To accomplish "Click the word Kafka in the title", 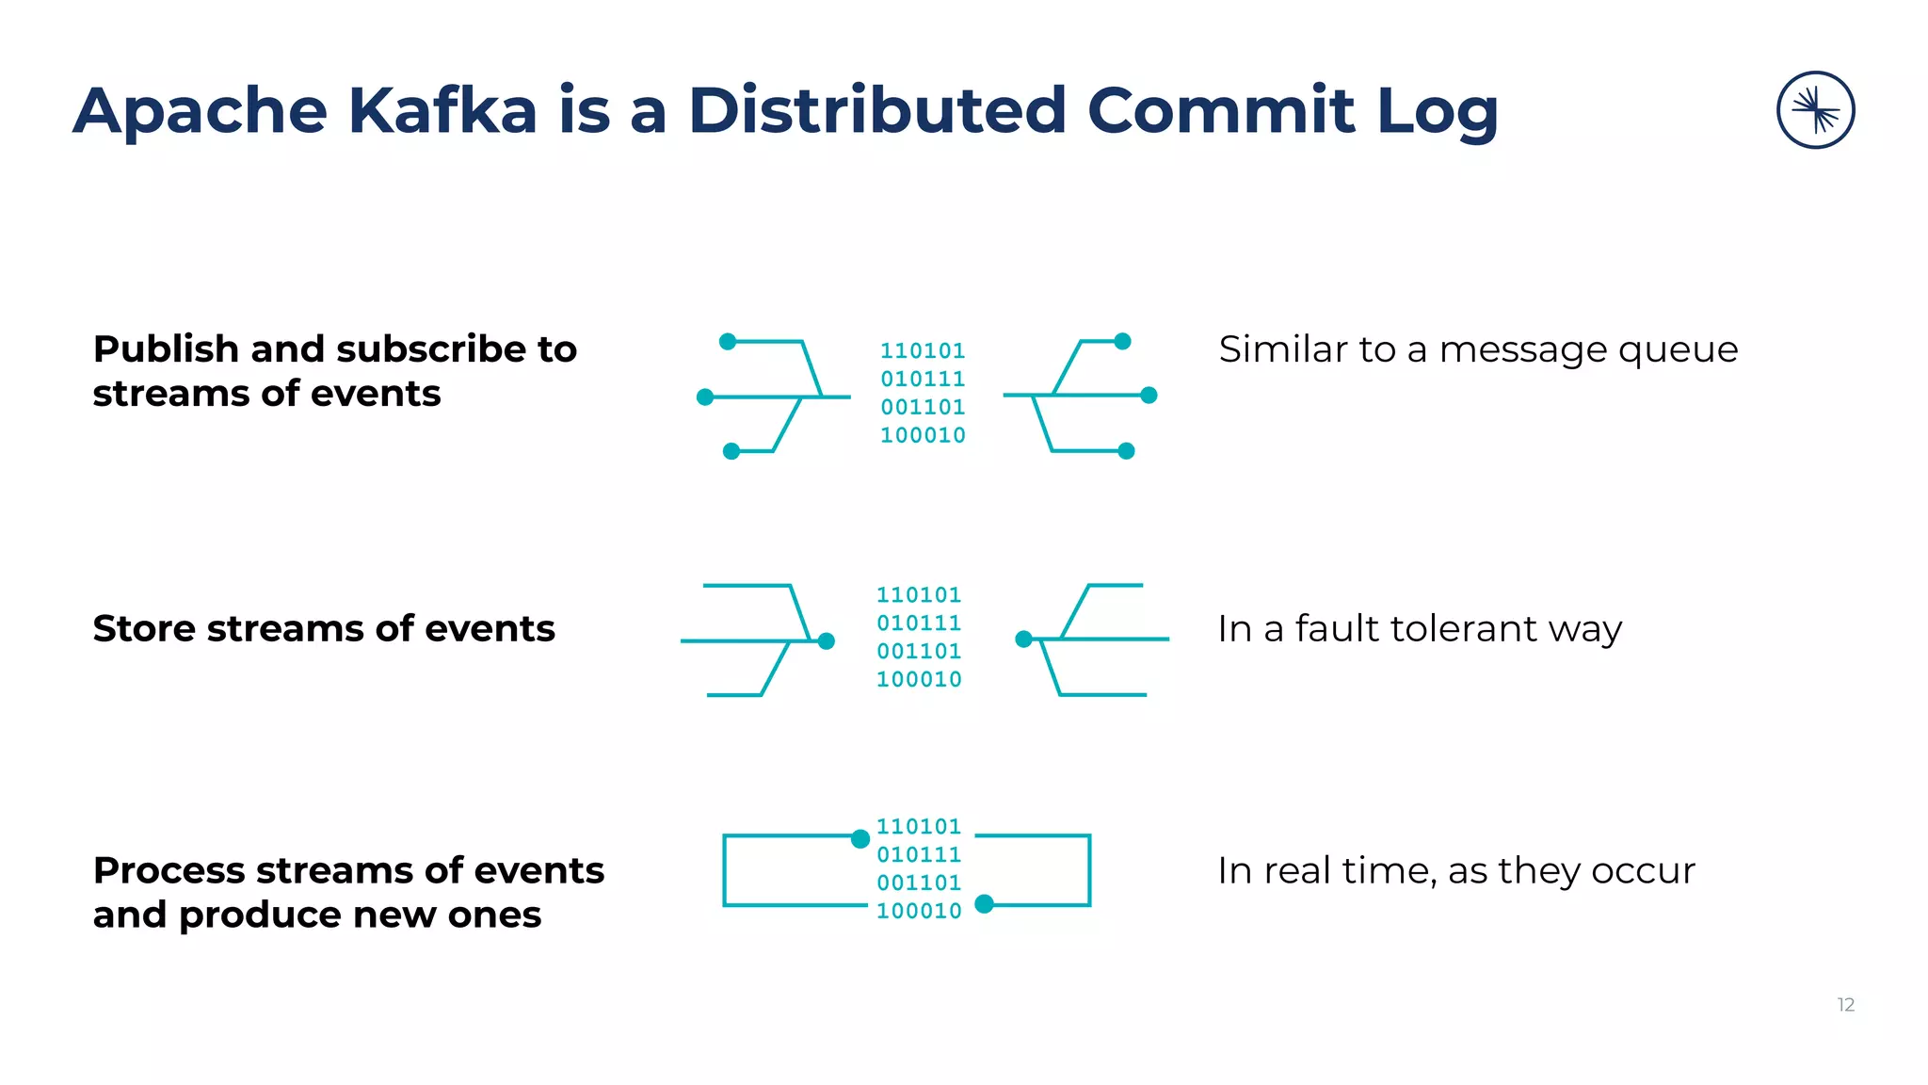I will pyautogui.click(x=442, y=110).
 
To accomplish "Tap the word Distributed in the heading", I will pyautogui.click(x=876, y=110).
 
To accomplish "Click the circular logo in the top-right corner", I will pyautogui.click(x=1815, y=110).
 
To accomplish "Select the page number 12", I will pyautogui.click(x=1845, y=1005).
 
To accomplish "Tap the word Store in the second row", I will pyautogui.click(x=144, y=628).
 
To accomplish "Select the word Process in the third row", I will pyautogui.click(x=169, y=870).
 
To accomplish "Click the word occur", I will pyautogui.click(x=1647, y=871).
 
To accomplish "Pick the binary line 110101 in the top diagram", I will pyautogui.click(x=923, y=351).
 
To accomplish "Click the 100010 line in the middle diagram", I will pyautogui.click(x=919, y=679).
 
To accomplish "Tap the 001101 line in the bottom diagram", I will pyautogui.click(x=919, y=883).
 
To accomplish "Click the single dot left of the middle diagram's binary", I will pyautogui.click(x=827, y=641).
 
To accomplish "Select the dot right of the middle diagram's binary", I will pyautogui.click(x=1024, y=640).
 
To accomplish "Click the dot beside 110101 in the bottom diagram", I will pyautogui.click(x=860, y=838).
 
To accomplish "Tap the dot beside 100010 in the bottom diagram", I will pyautogui.click(x=985, y=904).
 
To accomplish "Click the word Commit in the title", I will pyautogui.click(x=1222, y=110).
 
